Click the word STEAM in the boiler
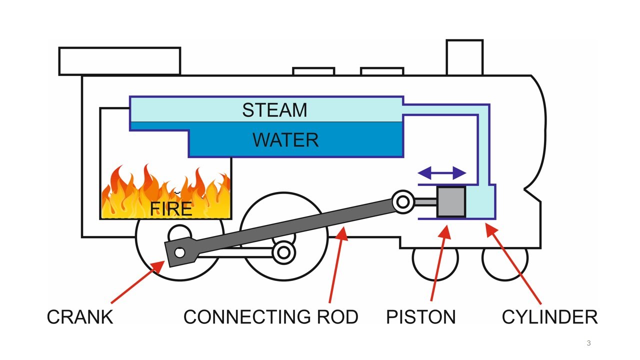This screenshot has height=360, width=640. point(274,110)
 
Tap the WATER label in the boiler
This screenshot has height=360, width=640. point(285,140)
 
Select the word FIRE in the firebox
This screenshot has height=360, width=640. point(171,208)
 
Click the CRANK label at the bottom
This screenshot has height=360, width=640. point(80,317)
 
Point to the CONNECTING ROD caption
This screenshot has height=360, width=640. point(270,317)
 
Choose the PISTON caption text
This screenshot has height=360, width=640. point(420,317)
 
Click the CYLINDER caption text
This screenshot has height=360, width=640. point(549,317)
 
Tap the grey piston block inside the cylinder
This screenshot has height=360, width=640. point(451,202)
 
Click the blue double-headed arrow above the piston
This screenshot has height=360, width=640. point(442,173)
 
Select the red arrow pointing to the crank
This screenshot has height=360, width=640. point(137,282)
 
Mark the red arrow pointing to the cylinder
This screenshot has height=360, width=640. point(515,265)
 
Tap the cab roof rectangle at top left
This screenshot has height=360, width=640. point(119,61)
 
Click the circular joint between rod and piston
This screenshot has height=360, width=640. point(402,201)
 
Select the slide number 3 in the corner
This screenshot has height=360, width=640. point(588,343)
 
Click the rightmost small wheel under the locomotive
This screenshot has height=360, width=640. point(504,258)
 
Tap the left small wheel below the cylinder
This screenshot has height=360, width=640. point(435,258)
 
